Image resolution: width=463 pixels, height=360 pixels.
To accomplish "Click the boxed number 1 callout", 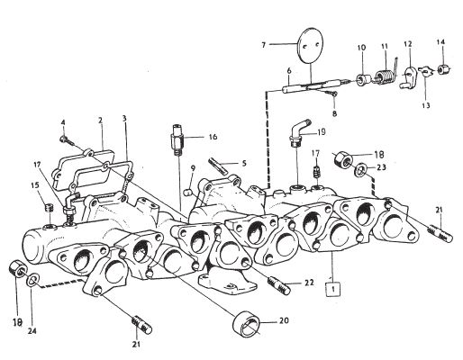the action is click(x=333, y=289).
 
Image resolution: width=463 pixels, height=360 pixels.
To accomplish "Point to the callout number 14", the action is click(x=440, y=42).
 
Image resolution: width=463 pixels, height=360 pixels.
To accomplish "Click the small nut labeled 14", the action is click(x=441, y=70).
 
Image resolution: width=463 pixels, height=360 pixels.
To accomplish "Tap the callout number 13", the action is click(x=426, y=105).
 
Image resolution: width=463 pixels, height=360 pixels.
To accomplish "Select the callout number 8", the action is click(x=334, y=113).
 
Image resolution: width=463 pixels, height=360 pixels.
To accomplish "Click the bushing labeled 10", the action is click(x=361, y=79).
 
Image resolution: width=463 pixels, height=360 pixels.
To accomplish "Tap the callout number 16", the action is click(x=213, y=137).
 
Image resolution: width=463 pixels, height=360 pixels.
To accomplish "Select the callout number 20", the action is click(x=284, y=320).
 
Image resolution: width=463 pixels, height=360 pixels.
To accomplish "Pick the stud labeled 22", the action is click(x=278, y=285).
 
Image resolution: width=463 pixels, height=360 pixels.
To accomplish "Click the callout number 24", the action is click(x=32, y=331).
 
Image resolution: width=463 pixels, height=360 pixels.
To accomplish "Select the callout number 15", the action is click(x=35, y=184).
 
